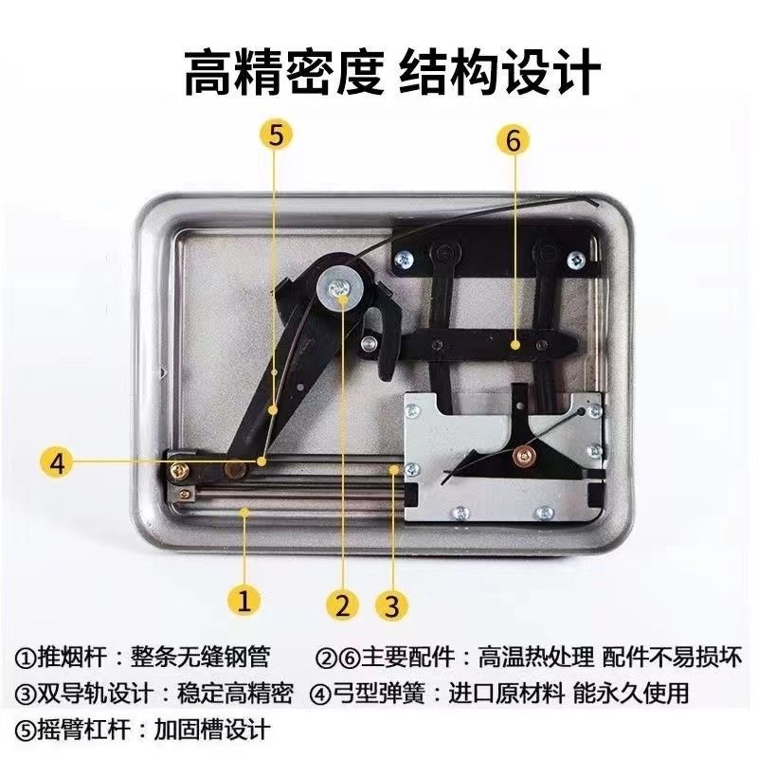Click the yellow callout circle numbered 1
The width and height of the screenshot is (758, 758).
(x=244, y=601)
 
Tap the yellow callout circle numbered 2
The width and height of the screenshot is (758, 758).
(x=343, y=605)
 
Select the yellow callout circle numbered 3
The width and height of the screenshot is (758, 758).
(x=392, y=605)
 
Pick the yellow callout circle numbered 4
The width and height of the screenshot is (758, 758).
(x=58, y=463)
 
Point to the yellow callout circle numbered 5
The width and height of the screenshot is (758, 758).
(x=275, y=135)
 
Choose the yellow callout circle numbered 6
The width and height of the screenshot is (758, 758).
(x=513, y=139)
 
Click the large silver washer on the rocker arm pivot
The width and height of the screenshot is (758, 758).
(x=340, y=290)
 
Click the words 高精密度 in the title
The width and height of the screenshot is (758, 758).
(x=283, y=73)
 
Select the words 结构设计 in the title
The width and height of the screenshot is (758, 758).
(x=499, y=73)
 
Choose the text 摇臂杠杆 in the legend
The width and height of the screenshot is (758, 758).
(x=83, y=730)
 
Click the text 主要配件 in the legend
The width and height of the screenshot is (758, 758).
(x=408, y=657)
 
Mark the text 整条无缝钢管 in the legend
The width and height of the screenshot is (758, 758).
(x=200, y=657)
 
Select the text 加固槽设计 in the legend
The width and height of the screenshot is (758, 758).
(x=211, y=730)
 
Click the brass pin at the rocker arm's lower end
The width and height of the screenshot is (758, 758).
(x=234, y=468)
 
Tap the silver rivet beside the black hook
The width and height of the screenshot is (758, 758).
(x=369, y=343)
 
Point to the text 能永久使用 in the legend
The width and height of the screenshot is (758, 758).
(x=631, y=694)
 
